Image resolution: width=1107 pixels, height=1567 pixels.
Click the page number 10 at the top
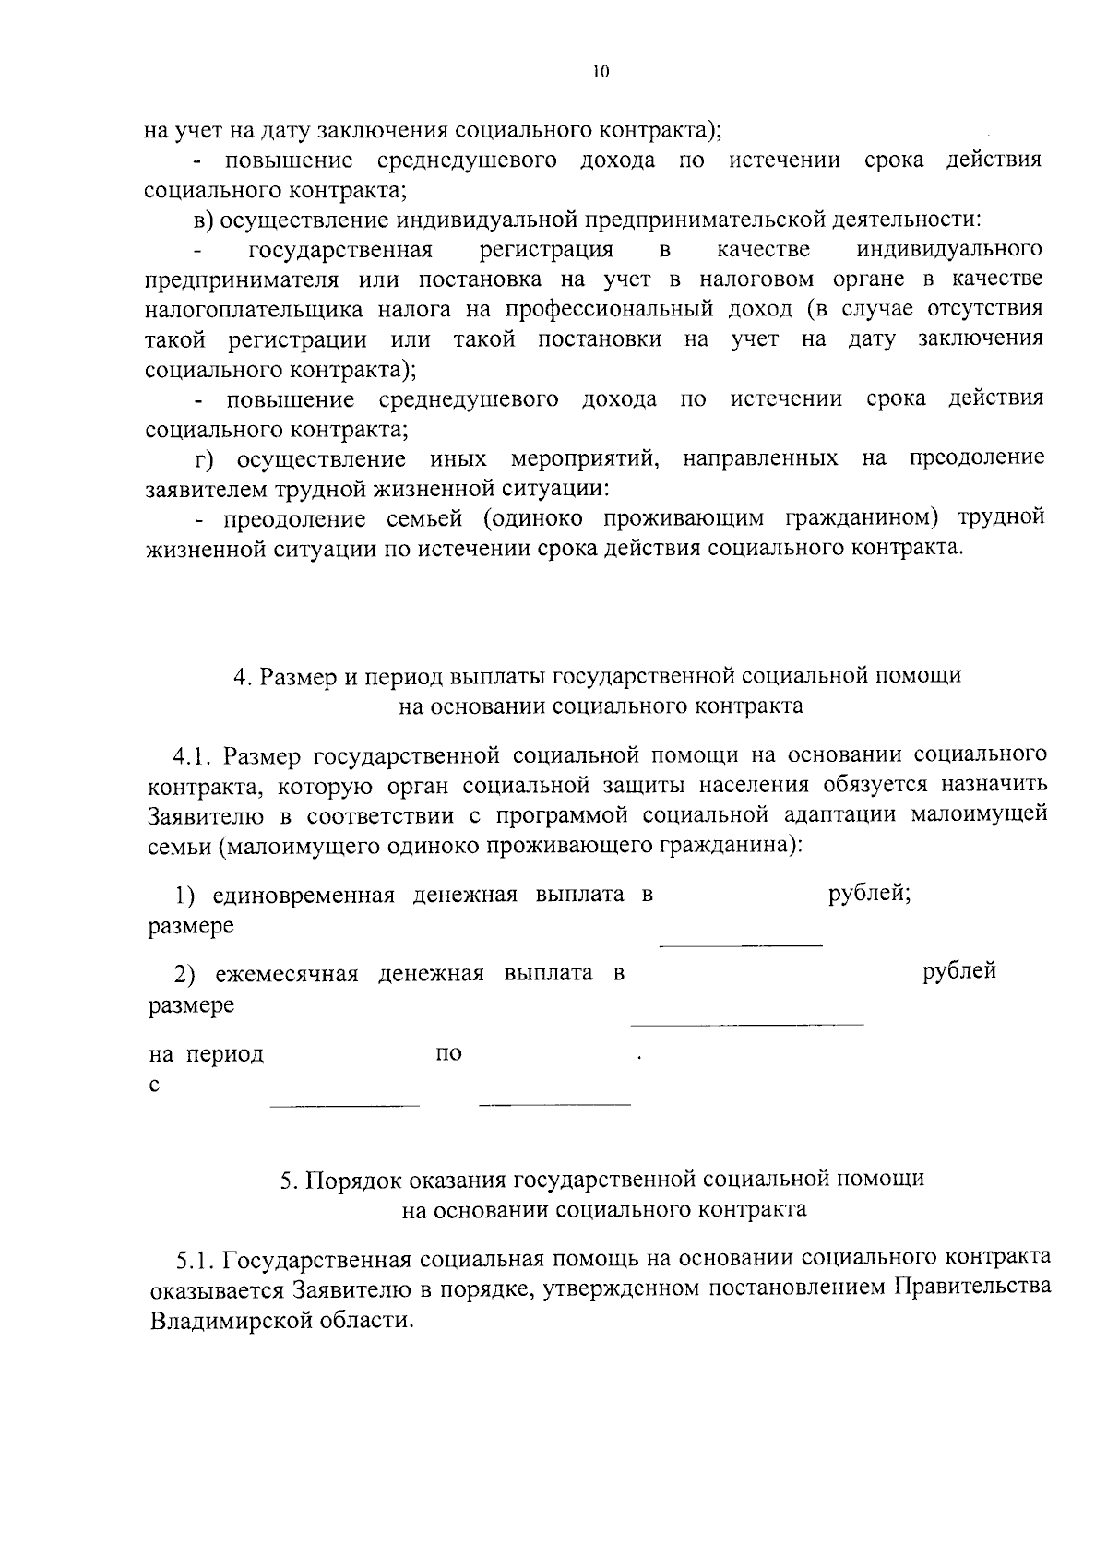(x=601, y=73)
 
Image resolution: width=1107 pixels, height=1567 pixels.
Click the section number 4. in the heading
(x=242, y=676)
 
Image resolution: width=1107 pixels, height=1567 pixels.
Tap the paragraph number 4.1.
(x=192, y=756)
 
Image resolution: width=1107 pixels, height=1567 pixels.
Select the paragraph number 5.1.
(x=196, y=1258)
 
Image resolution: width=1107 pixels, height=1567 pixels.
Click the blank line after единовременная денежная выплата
(x=740, y=944)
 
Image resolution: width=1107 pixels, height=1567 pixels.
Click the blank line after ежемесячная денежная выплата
(x=746, y=1024)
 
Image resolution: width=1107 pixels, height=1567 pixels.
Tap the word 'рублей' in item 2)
(x=959, y=971)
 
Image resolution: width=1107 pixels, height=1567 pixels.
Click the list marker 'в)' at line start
(x=204, y=220)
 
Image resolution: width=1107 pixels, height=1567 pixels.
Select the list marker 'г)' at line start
(x=203, y=459)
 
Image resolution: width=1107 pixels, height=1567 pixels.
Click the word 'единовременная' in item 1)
(x=304, y=896)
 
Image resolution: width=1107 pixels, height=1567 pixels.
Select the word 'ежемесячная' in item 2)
(x=286, y=973)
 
